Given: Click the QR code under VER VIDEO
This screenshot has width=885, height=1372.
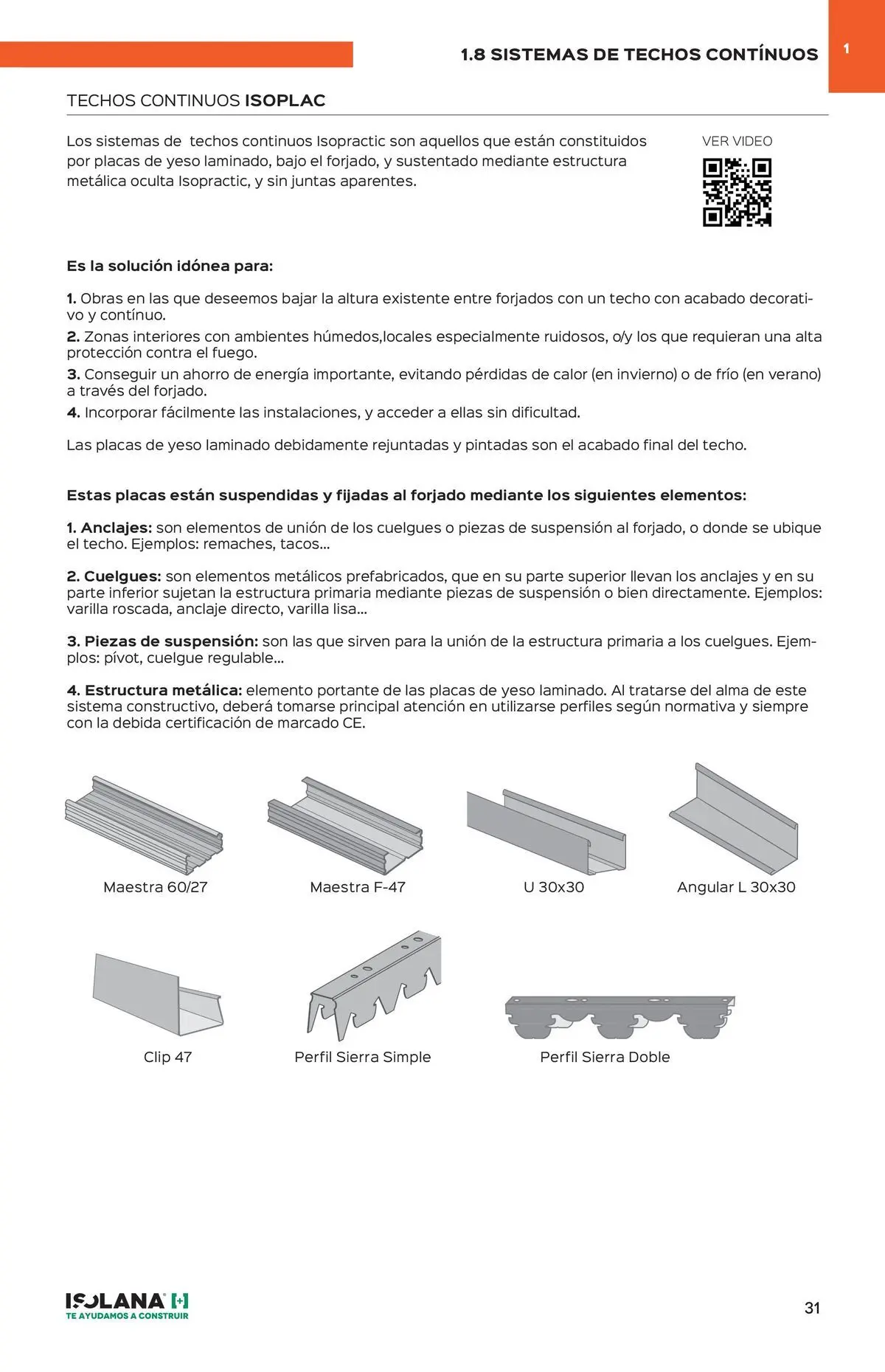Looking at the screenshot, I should point(737,192).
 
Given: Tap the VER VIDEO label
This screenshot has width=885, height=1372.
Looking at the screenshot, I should point(737,141).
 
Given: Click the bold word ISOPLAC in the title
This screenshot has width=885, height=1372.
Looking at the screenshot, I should point(285,100).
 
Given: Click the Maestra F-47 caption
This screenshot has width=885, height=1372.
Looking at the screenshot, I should point(358,887).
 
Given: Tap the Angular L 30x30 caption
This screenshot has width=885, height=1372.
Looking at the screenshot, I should point(736,887).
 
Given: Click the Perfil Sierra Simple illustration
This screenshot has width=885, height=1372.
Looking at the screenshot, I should point(375,986).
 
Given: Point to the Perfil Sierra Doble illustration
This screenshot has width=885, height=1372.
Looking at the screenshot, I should point(619,1016).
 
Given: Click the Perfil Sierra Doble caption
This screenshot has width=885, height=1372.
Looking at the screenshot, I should point(605,1057).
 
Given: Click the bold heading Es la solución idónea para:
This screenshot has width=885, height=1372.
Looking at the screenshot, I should point(170,266).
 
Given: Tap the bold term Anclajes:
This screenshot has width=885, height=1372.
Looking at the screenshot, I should point(116,528).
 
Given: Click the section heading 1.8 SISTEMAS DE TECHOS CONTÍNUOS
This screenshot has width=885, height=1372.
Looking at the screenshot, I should point(639,55).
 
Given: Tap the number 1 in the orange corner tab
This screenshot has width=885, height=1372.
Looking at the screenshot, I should point(847,49).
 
